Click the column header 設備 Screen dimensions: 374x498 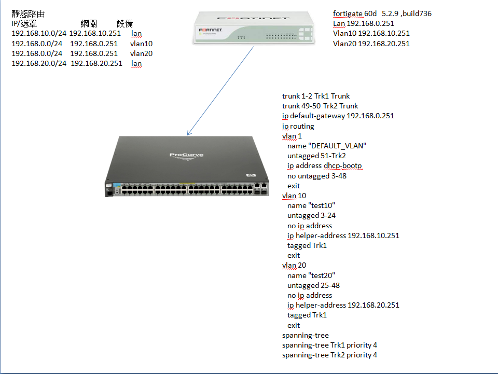point(125,24)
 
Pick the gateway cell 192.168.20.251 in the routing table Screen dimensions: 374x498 point(96,63)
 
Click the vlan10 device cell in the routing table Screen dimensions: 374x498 point(141,44)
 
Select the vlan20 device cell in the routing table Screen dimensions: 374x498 point(141,53)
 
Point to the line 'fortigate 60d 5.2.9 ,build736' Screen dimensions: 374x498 point(382,13)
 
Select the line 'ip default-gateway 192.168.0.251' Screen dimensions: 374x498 point(338,116)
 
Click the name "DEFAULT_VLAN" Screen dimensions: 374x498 point(327,146)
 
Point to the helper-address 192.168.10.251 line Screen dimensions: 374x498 point(343,236)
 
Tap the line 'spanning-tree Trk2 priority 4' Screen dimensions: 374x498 point(329,355)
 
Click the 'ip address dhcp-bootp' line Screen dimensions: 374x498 point(325,165)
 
